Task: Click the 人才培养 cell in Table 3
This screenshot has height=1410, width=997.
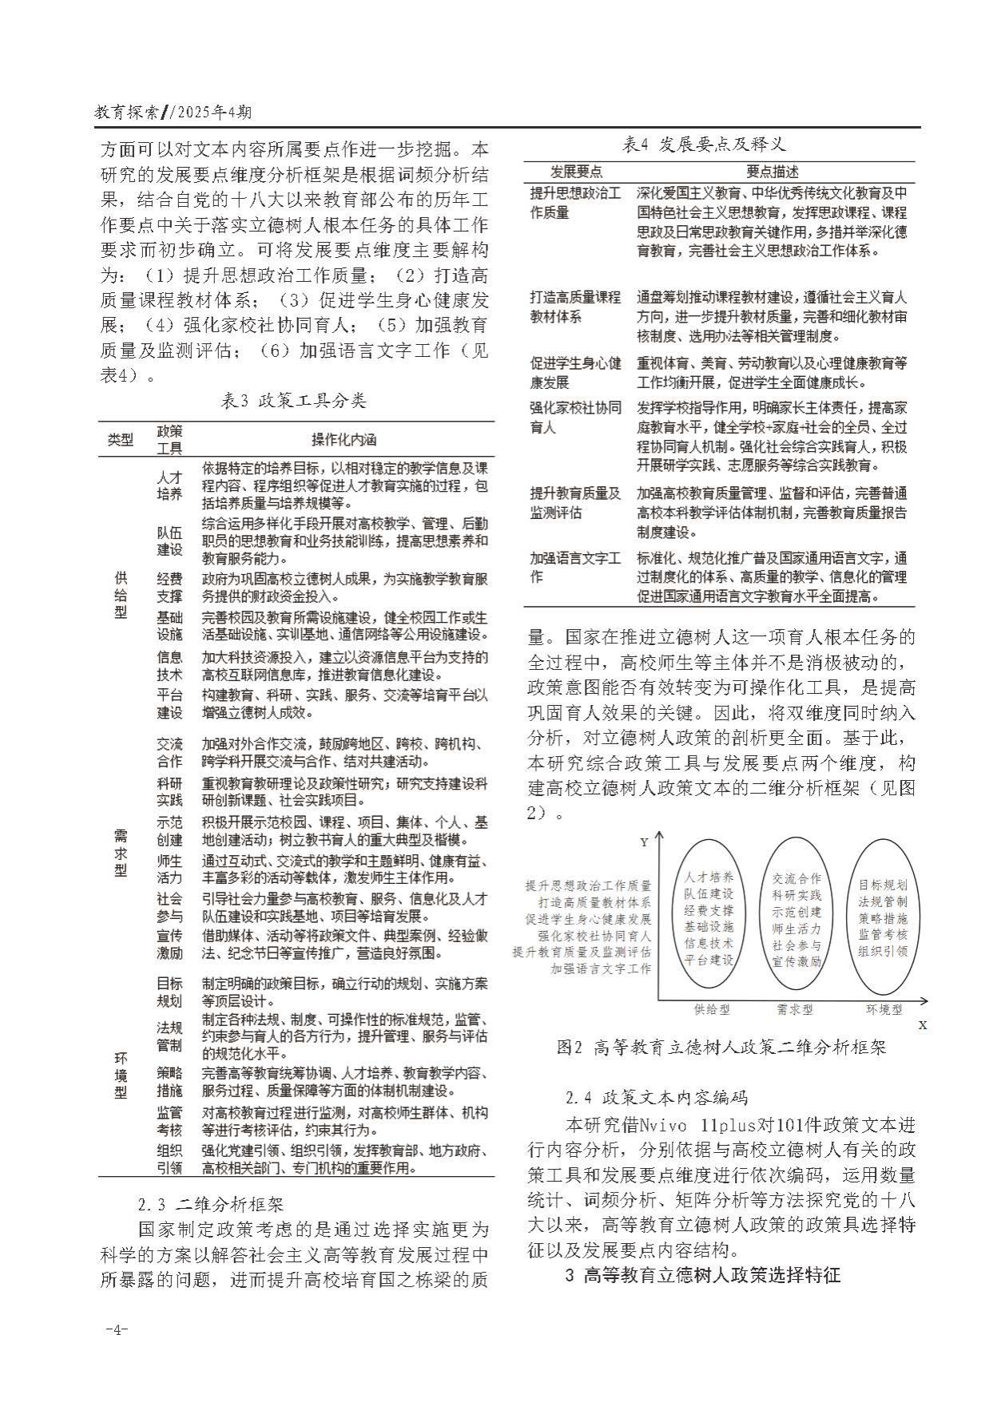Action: [169, 485]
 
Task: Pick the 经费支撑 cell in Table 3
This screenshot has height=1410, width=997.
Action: [169, 587]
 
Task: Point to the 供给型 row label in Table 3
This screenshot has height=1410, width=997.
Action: [121, 594]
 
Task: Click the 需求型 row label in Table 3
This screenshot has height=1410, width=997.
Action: [121, 852]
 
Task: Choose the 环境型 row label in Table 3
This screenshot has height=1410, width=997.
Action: [121, 1075]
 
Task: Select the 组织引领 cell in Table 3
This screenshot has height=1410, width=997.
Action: [169, 1159]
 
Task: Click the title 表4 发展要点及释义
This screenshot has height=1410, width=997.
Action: [704, 145]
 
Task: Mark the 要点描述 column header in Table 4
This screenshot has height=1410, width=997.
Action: [772, 172]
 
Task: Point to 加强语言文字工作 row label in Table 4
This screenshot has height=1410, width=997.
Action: [574, 567]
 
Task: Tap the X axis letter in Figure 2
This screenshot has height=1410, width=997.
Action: [923, 1024]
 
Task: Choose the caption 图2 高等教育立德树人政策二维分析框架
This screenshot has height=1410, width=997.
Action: [721, 1047]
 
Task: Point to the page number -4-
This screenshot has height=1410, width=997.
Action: [117, 1329]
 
